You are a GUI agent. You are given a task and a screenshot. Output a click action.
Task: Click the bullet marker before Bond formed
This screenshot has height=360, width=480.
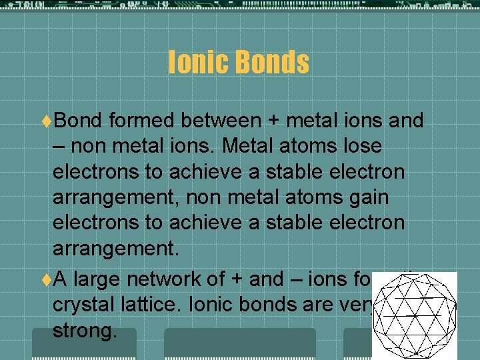47,121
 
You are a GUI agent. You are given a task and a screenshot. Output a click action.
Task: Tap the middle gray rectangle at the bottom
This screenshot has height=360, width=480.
240,345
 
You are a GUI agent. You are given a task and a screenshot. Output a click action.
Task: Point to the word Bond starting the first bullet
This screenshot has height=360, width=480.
77,121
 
